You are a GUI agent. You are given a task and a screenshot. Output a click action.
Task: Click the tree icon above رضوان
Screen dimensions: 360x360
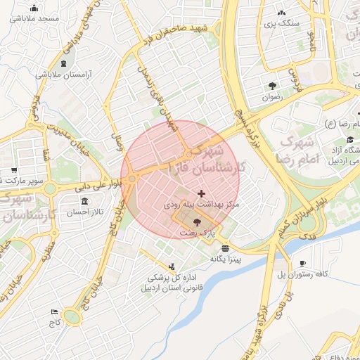coord(271,86)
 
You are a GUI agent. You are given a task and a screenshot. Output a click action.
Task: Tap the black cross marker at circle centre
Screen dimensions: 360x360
coord(202,193)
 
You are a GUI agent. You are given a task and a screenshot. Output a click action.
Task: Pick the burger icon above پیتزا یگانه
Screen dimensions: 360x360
coord(225,248)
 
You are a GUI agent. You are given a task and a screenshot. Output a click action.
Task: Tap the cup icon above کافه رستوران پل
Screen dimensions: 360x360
coord(302,264)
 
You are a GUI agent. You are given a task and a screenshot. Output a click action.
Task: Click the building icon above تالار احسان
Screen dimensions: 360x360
coord(75,200)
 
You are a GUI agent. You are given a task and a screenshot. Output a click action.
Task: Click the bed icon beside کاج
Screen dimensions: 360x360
coord(54,311)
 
